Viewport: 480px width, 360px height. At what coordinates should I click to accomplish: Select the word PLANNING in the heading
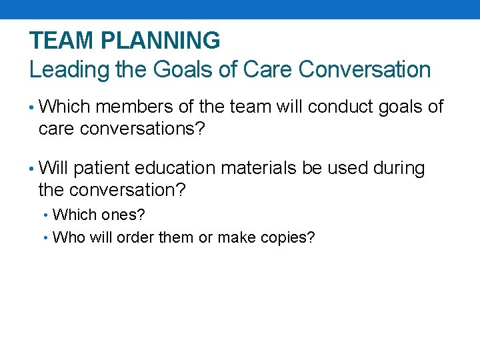161,41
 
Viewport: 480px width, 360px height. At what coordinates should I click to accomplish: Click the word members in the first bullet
137,107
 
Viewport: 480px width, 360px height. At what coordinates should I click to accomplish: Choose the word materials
259,169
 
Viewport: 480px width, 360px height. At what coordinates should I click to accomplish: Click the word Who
65,237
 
